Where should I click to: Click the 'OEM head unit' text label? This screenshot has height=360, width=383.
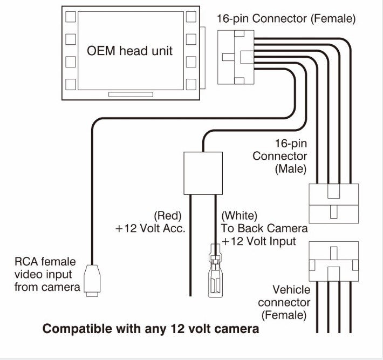click(130, 51)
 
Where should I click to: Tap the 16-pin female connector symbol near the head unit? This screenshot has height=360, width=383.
click(236, 57)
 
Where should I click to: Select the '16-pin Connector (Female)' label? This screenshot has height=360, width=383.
click(286, 18)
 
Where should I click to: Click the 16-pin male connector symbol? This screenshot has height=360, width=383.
click(333, 202)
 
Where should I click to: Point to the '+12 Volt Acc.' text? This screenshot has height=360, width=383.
click(151, 228)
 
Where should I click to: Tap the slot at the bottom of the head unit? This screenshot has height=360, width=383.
click(130, 94)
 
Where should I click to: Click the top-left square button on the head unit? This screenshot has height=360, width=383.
click(70, 16)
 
